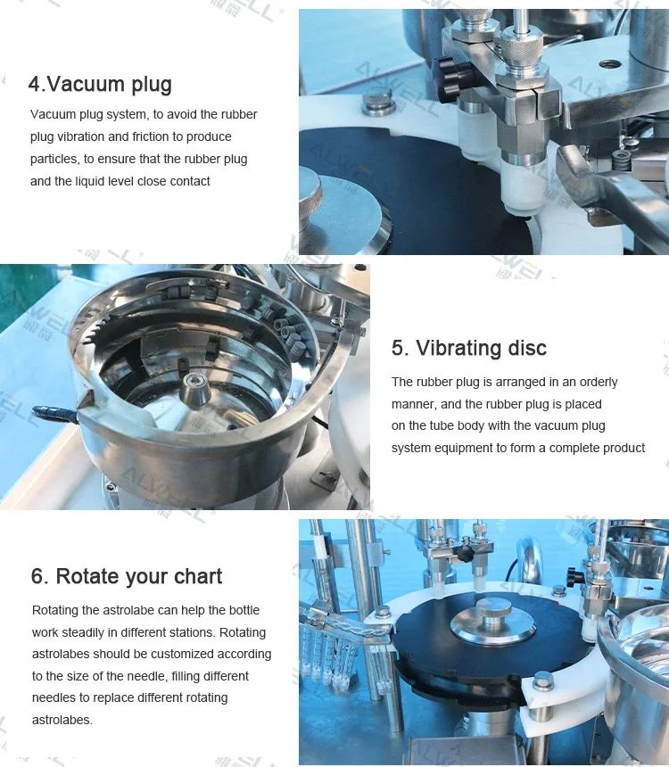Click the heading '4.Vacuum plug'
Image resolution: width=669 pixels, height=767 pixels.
[100, 85]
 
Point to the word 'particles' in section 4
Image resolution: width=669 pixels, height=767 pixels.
[54, 159]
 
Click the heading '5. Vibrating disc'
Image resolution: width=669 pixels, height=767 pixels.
[469, 348]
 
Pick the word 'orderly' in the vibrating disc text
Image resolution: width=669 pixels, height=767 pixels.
[596, 382]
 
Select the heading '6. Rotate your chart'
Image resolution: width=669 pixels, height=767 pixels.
[127, 576]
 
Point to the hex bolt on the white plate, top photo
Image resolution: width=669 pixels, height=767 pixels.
[379, 103]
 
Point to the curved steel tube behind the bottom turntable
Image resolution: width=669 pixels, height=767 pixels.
[532, 557]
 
